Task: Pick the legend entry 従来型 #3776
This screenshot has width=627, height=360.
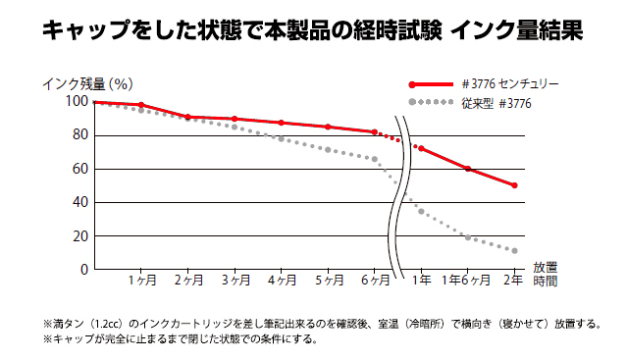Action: coord(499,102)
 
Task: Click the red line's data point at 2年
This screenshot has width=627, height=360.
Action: coord(514,185)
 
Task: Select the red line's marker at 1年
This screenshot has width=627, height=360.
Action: coord(421,148)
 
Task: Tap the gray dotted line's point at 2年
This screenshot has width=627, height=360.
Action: coord(514,251)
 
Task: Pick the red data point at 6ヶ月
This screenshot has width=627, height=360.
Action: coord(374,131)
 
